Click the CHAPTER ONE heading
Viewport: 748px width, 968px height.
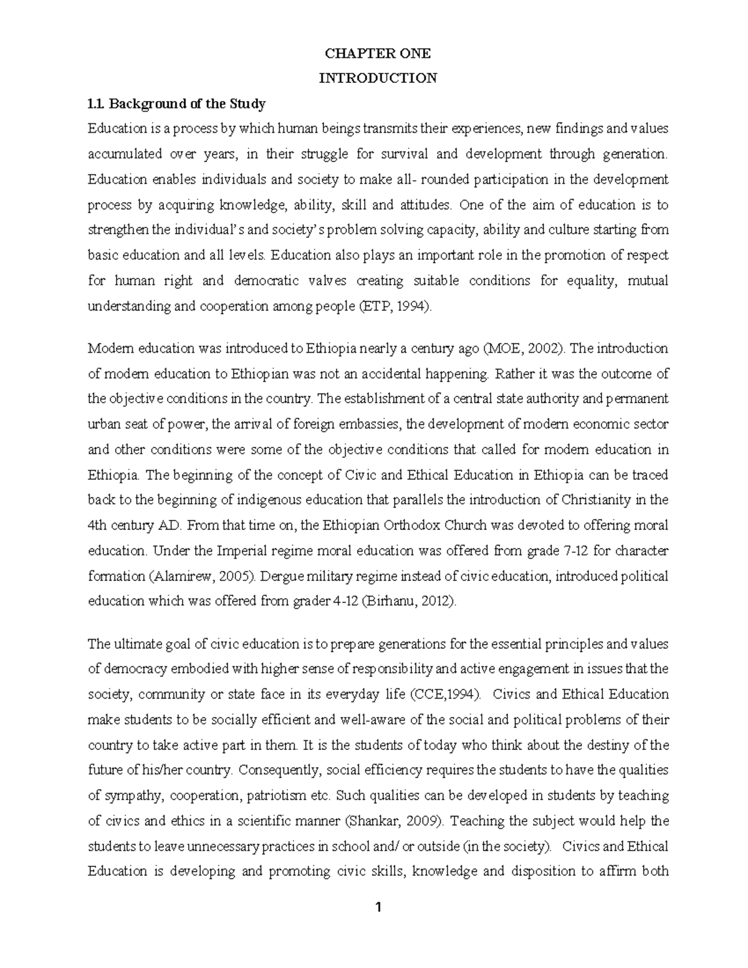pyautogui.click(x=378, y=54)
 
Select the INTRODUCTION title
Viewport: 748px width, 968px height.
pyautogui.click(x=378, y=79)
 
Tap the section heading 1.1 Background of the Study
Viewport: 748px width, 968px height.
pyautogui.click(x=176, y=103)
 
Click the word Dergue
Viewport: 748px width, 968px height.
pyautogui.click(x=280, y=577)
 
